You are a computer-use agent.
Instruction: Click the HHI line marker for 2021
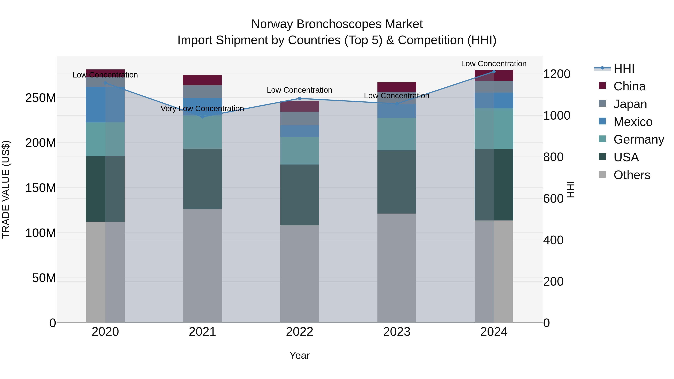tap(202, 117)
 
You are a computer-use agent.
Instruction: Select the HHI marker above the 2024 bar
tap(494, 72)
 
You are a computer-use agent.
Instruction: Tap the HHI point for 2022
tap(300, 99)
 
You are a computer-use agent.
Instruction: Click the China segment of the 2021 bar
tap(202, 80)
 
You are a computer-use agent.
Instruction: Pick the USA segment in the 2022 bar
tap(300, 195)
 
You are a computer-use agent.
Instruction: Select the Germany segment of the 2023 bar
tap(397, 134)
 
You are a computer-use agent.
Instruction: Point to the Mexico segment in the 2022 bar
tap(300, 131)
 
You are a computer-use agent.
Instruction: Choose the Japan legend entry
tap(630, 104)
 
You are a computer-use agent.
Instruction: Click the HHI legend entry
tap(624, 69)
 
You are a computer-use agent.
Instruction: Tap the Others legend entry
tap(632, 175)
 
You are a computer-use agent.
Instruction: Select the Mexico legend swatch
tap(602, 121)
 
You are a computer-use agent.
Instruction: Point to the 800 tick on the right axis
tap(553, 157)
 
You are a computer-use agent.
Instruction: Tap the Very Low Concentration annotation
tap(202, 109)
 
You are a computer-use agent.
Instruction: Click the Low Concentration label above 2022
tap(300, 90)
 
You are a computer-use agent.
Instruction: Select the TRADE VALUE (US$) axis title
tap(6, 189)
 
